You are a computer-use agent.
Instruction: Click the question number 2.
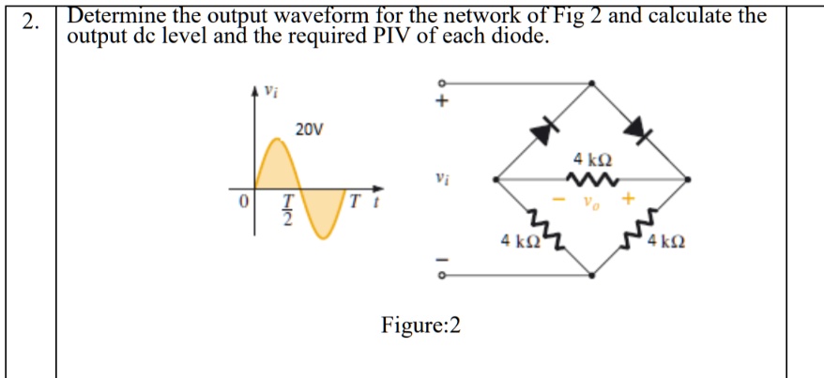click(x=31, y=23)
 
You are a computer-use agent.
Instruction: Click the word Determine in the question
click(x=113, y=16)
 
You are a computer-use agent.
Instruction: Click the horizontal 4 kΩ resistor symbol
click(x=591, y=177)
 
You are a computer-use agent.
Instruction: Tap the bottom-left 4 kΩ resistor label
click(x=520, y=241)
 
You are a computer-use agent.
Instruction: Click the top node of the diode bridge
click(x=591, y=83)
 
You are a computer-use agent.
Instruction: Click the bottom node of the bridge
click(x=591, y=275)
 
